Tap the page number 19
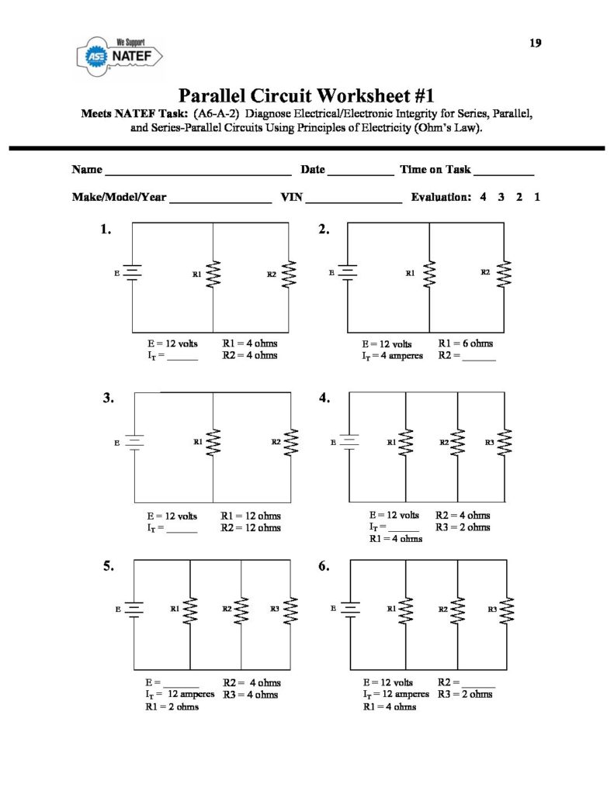click(536, 43)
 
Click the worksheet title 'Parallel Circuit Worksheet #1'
click(306, 97)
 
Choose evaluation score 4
click(483, 197)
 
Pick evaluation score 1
click(537, 197)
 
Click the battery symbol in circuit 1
click(134, 273)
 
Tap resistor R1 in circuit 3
click(213, 443)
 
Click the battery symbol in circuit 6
click(349, 610)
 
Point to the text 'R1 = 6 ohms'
click(466, 343)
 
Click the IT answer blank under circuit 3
click(182, 531)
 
